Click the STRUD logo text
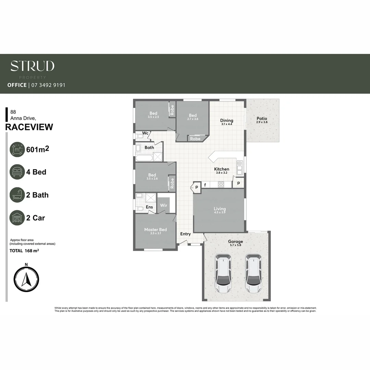pyautogui.click(x=32, y=66)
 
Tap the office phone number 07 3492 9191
pyautogui.click(x=48, y=85)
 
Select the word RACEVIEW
pyautogui.click(x=29, y=127)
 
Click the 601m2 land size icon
pyautogui.click(x=17, y=149)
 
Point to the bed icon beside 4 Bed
pyautogui.click(x=17, y=172)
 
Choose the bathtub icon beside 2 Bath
pyautogui.click(x=17, y=195)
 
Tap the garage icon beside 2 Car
pyautogui.click(x=17, y=218)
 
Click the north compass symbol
pyautogui.click(x=26, y=279)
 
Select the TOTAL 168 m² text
pyautogui.click(x=24, y=251)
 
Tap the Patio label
pyautogui.click(x=262, y=119)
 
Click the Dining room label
pyautogui.click(x=226, y=121)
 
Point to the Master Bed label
pyautogui.click(x=155, y=230)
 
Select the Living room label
pyautogui.click(x=220, y=209)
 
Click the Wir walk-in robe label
pyautogui.click(x=163, y=206)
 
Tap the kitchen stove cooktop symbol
pyautogui.click(x=221, y=184)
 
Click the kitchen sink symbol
pyautogui.click(x=239, y=168)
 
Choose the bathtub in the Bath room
pyautogui.click(x=144, y=158)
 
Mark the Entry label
pyautogui.click(x=185, y=234)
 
